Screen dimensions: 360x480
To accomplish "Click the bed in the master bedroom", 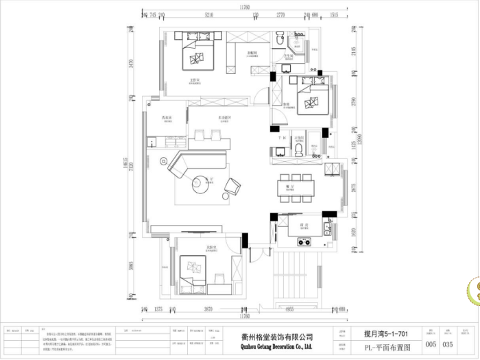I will (199, 55).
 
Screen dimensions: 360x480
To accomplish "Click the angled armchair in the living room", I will (234, 185).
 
